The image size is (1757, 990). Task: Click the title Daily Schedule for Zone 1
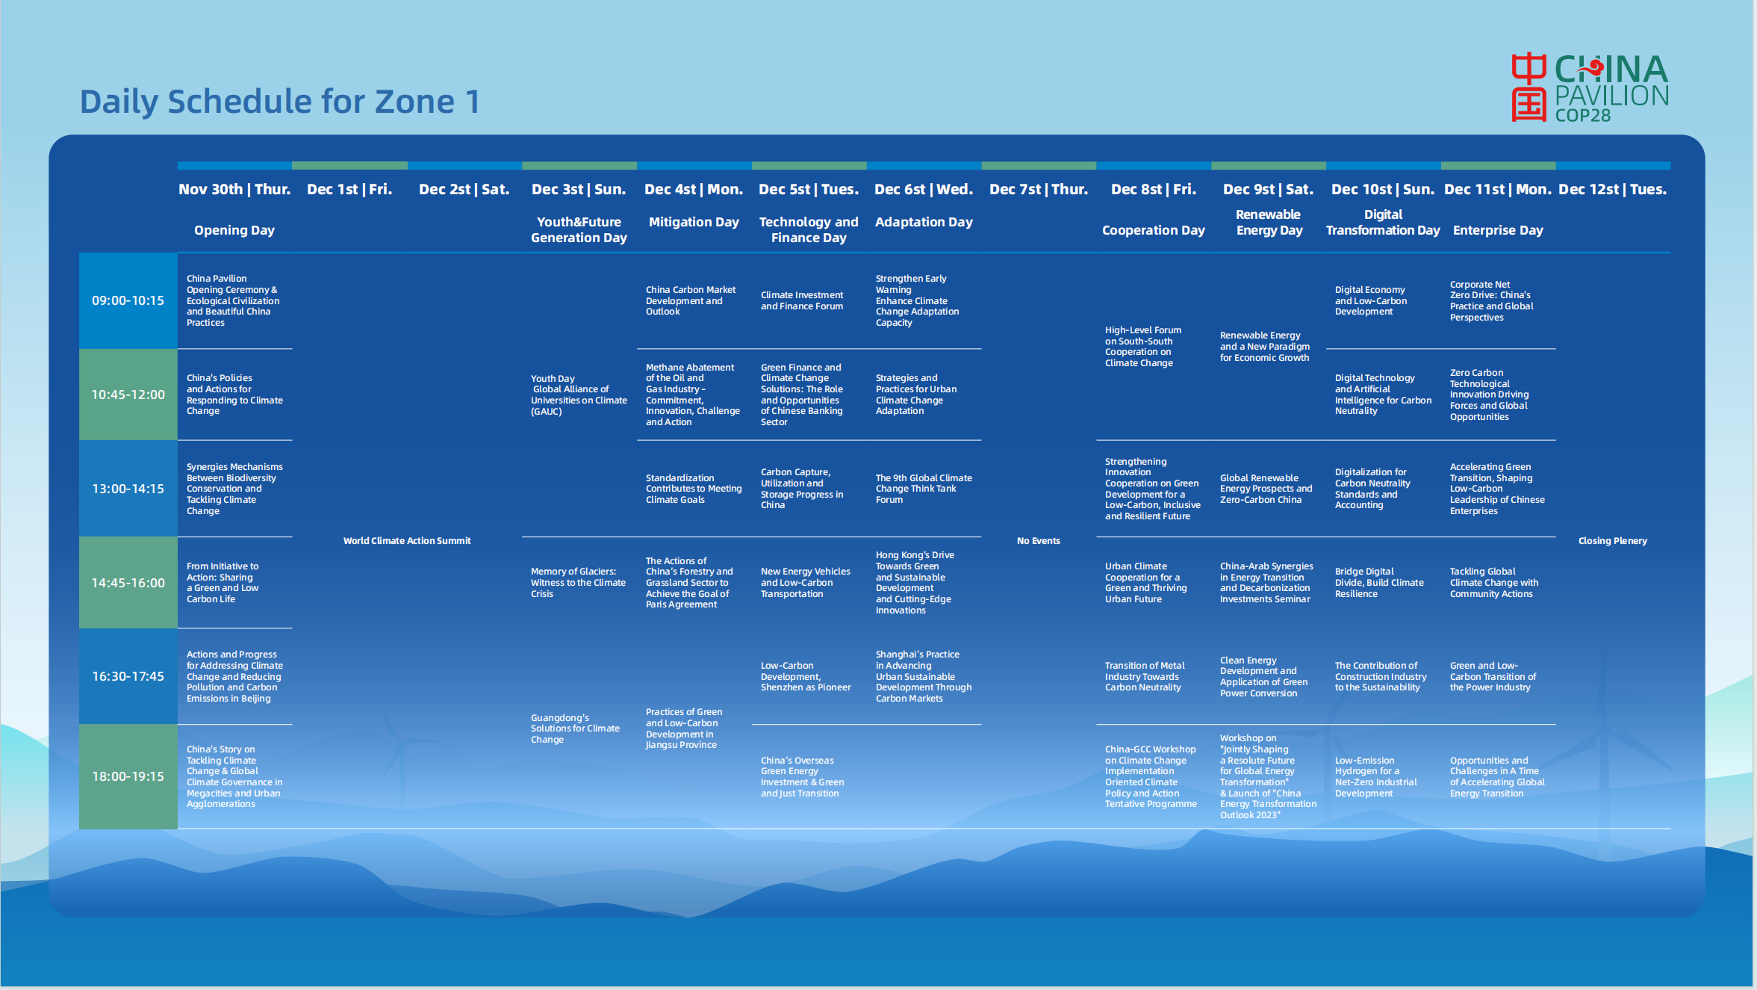point(280,102)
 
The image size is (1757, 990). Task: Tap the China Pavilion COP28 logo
point(1590,87)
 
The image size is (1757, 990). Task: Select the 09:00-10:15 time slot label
point(128,300)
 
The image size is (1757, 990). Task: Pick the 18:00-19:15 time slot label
point(128,776)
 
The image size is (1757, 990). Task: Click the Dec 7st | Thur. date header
point(1039,190)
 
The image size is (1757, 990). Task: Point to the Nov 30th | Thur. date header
point(234,190)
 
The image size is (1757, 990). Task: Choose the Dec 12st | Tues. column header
point(1613,190)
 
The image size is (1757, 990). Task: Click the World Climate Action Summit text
point(407,541)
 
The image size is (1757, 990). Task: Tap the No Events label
point(1039,541)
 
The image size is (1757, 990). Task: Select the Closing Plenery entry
point(1613,541)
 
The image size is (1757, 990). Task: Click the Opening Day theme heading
point(234,230)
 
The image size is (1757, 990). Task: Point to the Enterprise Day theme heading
point(1498,230)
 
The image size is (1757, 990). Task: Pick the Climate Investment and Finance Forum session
point(802,300)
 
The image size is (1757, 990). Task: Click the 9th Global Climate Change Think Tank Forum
point(924,489)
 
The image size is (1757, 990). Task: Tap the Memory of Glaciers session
point(579,583)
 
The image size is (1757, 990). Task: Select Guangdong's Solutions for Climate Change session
point(575,728)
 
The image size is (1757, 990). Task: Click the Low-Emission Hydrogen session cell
point(1375,777)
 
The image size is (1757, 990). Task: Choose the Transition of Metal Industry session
point(1145,676)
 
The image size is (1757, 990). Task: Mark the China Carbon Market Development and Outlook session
point(691,300)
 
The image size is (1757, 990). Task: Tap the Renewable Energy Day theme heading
point(1269,223)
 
